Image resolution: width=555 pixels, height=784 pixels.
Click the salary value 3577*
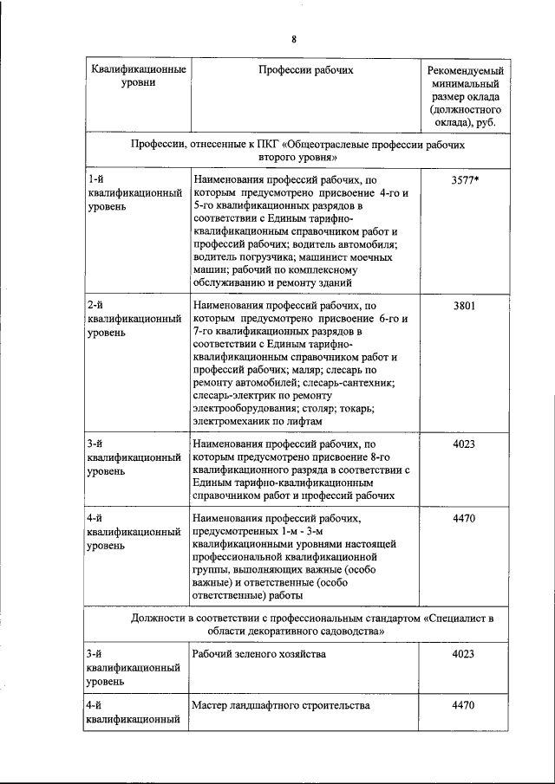[x=466, y=181]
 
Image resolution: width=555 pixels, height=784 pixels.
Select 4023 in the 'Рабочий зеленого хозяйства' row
[x=464, y=653]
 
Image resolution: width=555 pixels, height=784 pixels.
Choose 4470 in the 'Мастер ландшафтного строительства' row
[x=464, y=705]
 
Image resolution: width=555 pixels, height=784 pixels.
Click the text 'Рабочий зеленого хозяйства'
[x=259, y=653]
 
